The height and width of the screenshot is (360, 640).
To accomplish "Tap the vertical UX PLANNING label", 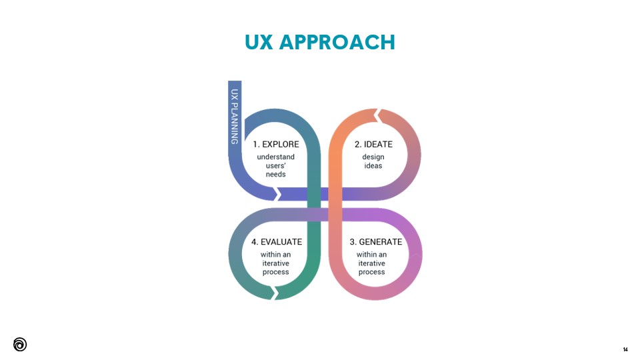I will [x=235, y=117].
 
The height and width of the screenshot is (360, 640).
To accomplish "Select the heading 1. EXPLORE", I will [x=276, y=144].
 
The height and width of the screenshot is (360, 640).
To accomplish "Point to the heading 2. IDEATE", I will [x=373, y=144].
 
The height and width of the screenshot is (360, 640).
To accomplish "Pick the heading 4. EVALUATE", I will [x=276, y=242].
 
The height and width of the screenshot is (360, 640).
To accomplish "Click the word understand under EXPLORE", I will [x=276, y=157].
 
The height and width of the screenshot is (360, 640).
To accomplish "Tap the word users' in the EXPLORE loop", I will [x=276, y=166].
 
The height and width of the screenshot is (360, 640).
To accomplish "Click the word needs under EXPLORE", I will [x=276, y=175].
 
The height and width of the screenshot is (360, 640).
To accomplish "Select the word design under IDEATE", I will [x=373, y=157].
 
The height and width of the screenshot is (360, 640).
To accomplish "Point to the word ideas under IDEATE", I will [x=373, y=166].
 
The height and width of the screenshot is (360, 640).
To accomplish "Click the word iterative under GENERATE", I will [x=372, y=263].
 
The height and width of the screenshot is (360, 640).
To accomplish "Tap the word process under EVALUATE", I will [x=276, y=272].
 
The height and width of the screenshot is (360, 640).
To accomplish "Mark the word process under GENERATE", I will [x=372, y=272].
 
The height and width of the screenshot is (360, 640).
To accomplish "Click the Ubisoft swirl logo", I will [x=20, y=344].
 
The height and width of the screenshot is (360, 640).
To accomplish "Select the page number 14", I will [x=625, y=349].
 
